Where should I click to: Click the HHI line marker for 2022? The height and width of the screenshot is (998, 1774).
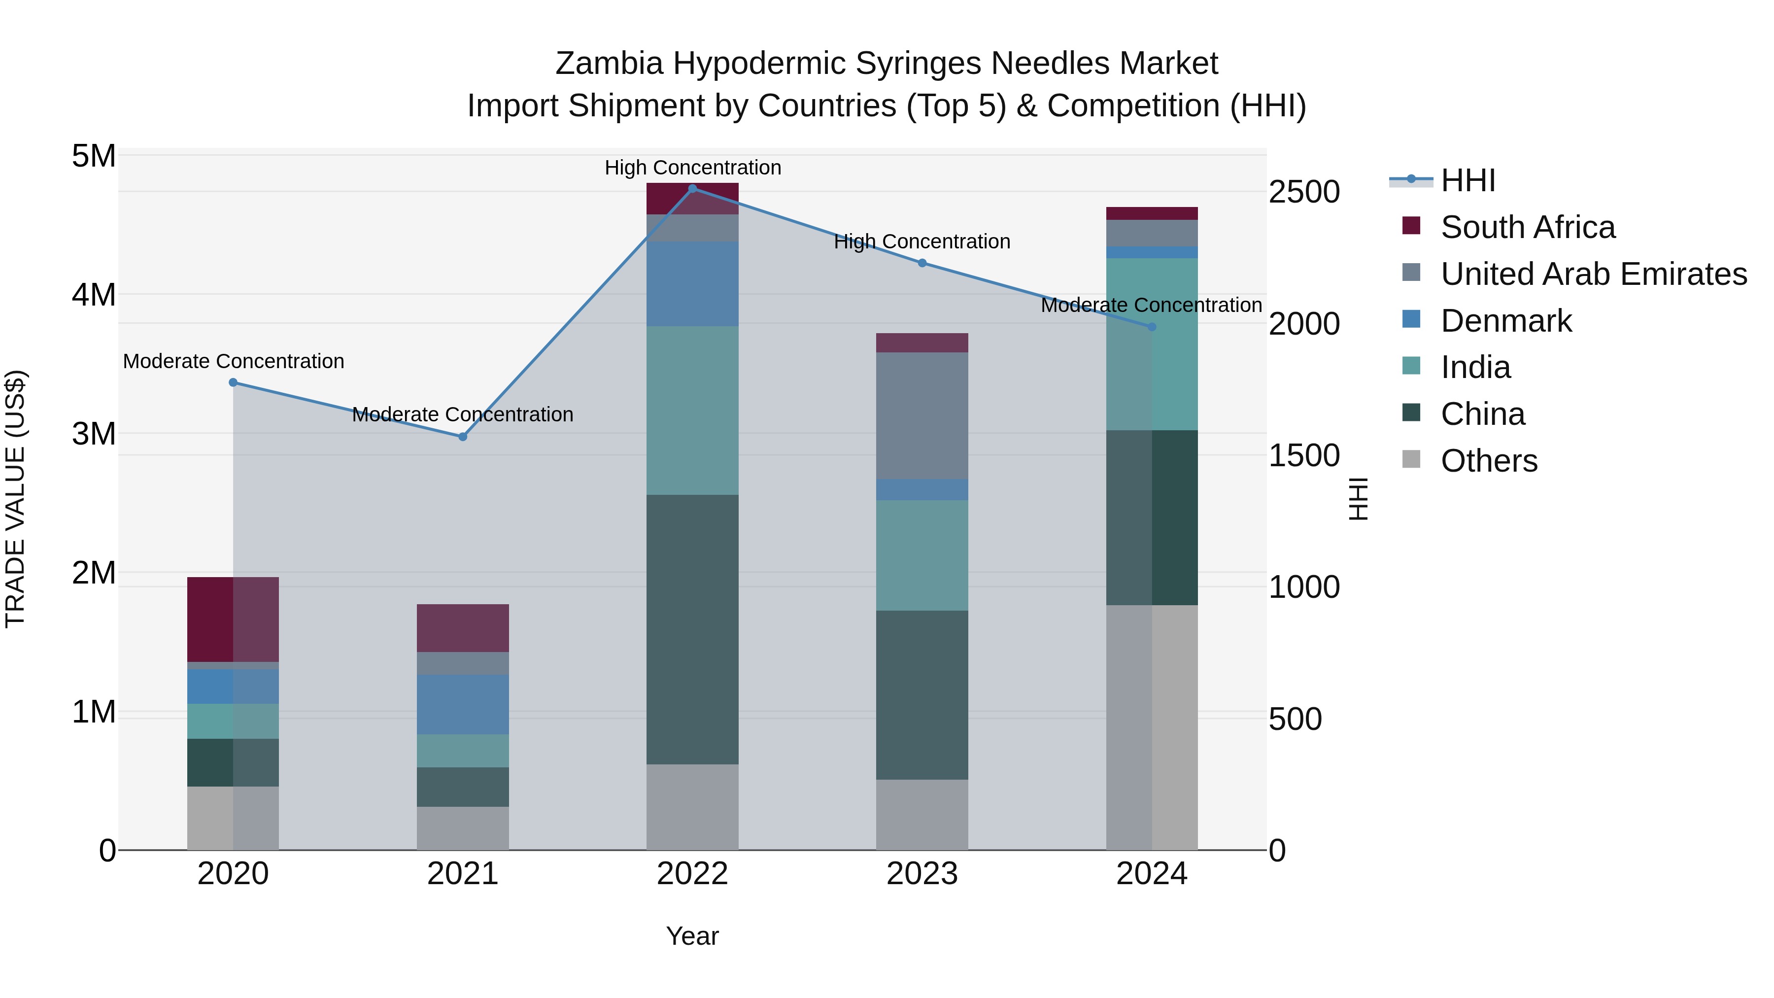[693, 188]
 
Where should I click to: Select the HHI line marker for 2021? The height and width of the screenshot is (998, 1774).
[463, 437]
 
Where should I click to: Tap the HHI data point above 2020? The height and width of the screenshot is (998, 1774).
[234, 382]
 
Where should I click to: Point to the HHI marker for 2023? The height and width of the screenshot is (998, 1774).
[922, 263]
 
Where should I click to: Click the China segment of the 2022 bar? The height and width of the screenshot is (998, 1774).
[692, 629]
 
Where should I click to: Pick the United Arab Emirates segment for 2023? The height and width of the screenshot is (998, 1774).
[922, 415]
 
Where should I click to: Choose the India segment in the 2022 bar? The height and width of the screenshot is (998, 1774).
[692, 411]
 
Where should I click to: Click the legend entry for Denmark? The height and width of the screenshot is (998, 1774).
[1506, 321]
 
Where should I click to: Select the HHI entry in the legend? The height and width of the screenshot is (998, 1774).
[1467, 180]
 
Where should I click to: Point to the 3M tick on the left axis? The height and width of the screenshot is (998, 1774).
[94, 434]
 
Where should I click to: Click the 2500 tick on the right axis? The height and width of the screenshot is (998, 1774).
[1303, 192]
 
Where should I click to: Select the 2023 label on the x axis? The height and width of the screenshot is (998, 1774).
[922, 874]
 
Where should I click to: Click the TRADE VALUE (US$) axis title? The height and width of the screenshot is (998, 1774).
[15, 499]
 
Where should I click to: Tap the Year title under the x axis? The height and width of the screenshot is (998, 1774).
[692, 936]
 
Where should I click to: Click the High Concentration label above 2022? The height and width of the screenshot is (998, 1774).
[693, 168]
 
